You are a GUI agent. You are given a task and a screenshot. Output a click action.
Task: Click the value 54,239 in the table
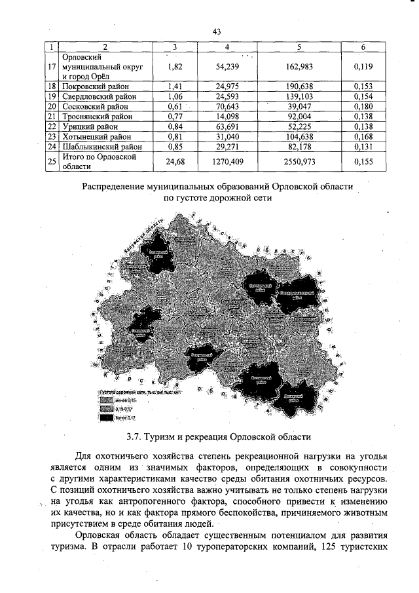pos(226,67)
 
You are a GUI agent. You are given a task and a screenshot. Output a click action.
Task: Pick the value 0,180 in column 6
pos(363,105)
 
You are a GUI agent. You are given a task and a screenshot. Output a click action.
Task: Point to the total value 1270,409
pos(226,161)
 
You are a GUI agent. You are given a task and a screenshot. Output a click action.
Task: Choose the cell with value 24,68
pos(174,161)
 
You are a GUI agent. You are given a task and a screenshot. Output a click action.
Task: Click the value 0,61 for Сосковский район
pos(174,105)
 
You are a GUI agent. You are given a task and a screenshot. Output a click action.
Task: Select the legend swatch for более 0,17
pos(105,417)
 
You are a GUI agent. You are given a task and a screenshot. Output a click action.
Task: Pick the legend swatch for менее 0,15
pos(105,400)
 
